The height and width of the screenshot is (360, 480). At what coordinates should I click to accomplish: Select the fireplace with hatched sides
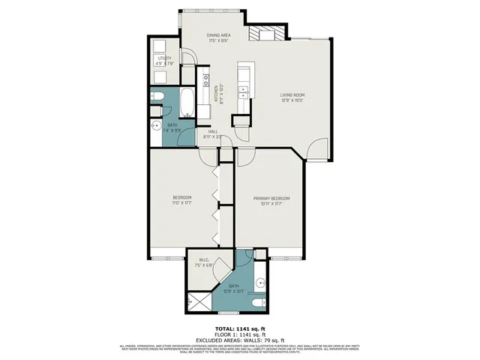pyautogui.click(x=268, y=34)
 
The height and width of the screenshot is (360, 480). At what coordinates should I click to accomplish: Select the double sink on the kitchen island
pyautogui.click(x=244, y=91)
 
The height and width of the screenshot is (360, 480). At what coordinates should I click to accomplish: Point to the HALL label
pyautogui.click(x=212, y=133)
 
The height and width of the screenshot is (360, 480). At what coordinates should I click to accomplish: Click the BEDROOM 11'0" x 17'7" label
pyautogui.click(x=183, y=199)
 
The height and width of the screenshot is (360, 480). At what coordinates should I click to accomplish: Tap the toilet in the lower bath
pyautogui.click(x=257, y=301)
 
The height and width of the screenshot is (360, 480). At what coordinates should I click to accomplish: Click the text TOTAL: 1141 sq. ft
pyautogui.click(x=240, y=329)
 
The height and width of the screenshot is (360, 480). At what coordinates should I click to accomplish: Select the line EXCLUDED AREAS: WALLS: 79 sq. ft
pyautogui.click(x=240, y=340)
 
